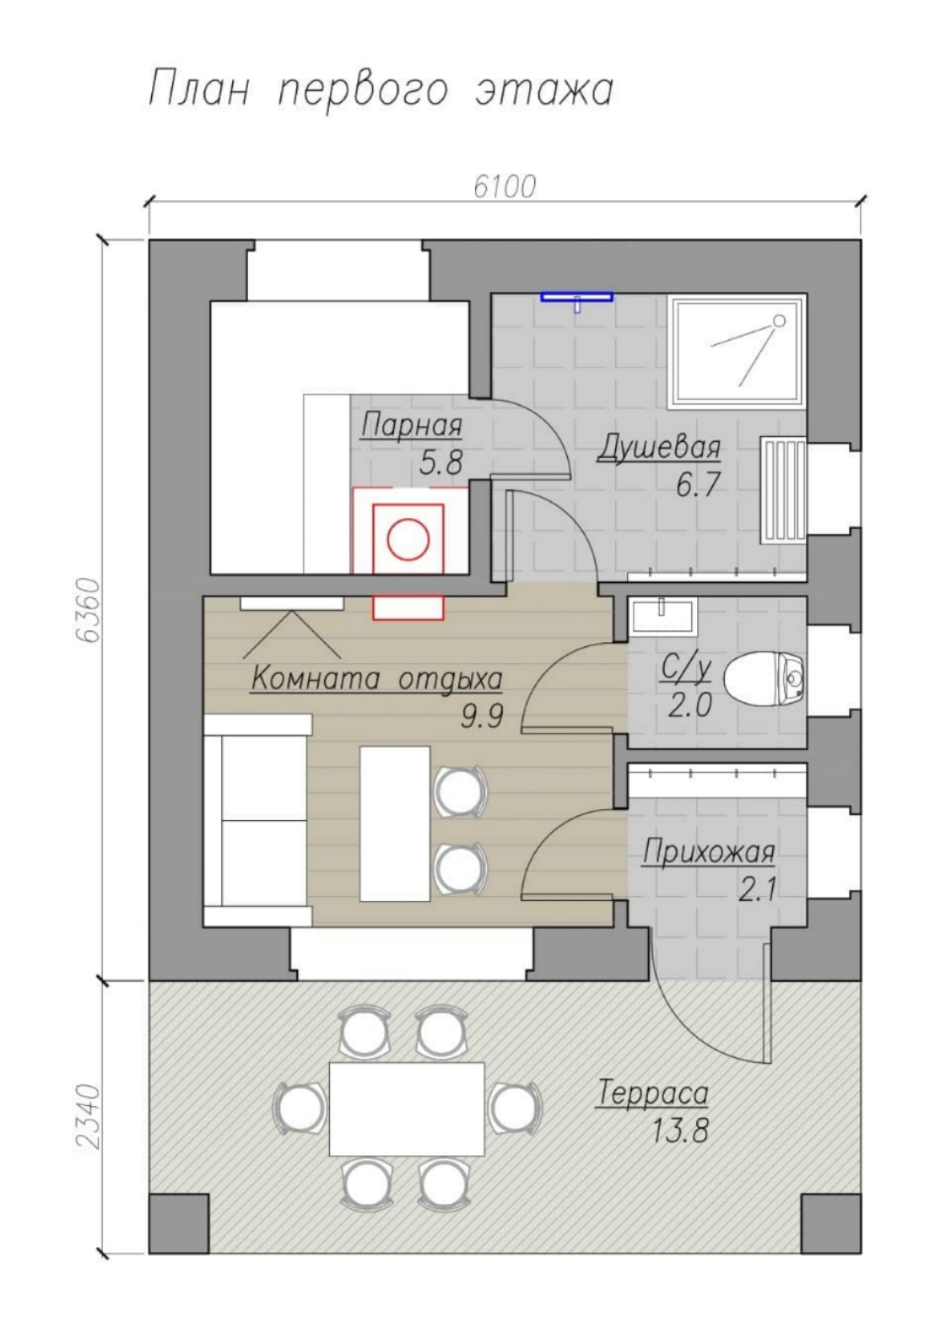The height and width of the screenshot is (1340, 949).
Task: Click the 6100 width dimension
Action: click(505, 187)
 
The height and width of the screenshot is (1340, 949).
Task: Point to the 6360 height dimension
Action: click(89, 610)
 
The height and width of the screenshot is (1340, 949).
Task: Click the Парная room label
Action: click(412, 426)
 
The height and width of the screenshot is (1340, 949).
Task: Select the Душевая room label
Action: click(659, 448)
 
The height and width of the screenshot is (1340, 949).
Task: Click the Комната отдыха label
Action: click(376, 680)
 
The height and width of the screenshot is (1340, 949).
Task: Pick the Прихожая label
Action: click(708, 852)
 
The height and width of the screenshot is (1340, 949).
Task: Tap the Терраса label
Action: click(653, 1094)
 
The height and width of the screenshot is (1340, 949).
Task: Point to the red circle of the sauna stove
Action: click(409, 540)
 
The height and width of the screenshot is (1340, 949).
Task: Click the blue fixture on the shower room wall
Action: click(577, 299)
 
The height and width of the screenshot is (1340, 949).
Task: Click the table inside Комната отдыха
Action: click(395, 823)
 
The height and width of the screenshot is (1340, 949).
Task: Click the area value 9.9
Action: click(481, 715)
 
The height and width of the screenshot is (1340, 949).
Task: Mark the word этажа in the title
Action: click(544, 92)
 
